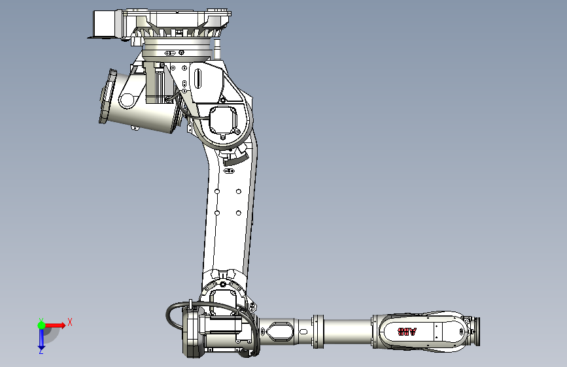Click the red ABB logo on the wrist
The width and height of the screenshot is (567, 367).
point(407,332)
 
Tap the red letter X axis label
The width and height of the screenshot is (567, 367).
point(69,322)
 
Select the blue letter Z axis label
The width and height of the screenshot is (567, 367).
point(41,351)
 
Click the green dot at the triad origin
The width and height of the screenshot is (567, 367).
point(41,325)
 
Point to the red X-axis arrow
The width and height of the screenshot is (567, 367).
point(56,325)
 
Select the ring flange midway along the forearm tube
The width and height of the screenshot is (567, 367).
point(318,330)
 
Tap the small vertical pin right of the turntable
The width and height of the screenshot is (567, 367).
point(215,48)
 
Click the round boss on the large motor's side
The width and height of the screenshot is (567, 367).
point(126,100)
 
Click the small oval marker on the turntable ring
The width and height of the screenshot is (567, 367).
point(171,52)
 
